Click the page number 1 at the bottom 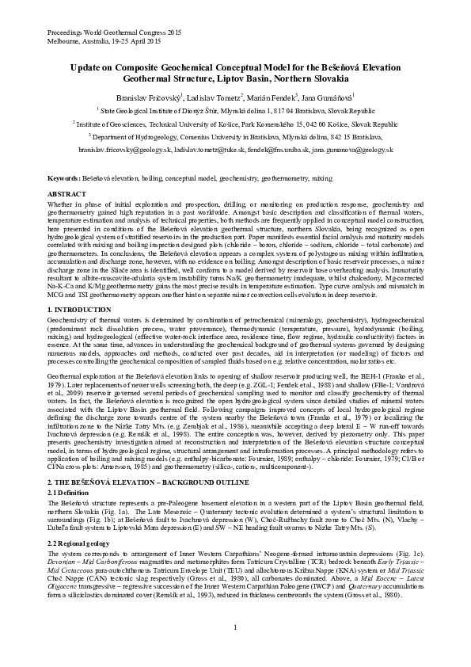tap(236, 628)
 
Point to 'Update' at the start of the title tap(88, 69)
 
